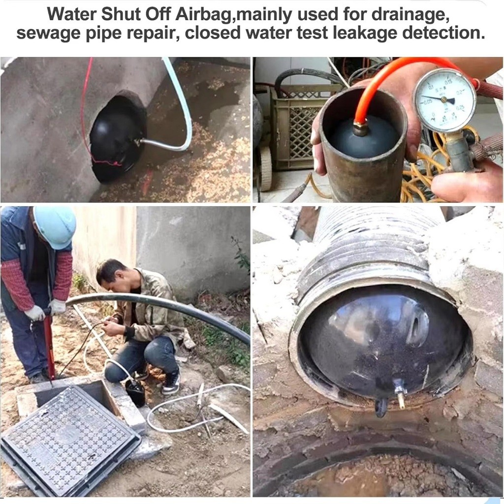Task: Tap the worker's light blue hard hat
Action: [x=55, y=226]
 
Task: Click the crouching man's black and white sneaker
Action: [x=170, y=384]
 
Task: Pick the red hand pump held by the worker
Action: [x=49, y=347]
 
